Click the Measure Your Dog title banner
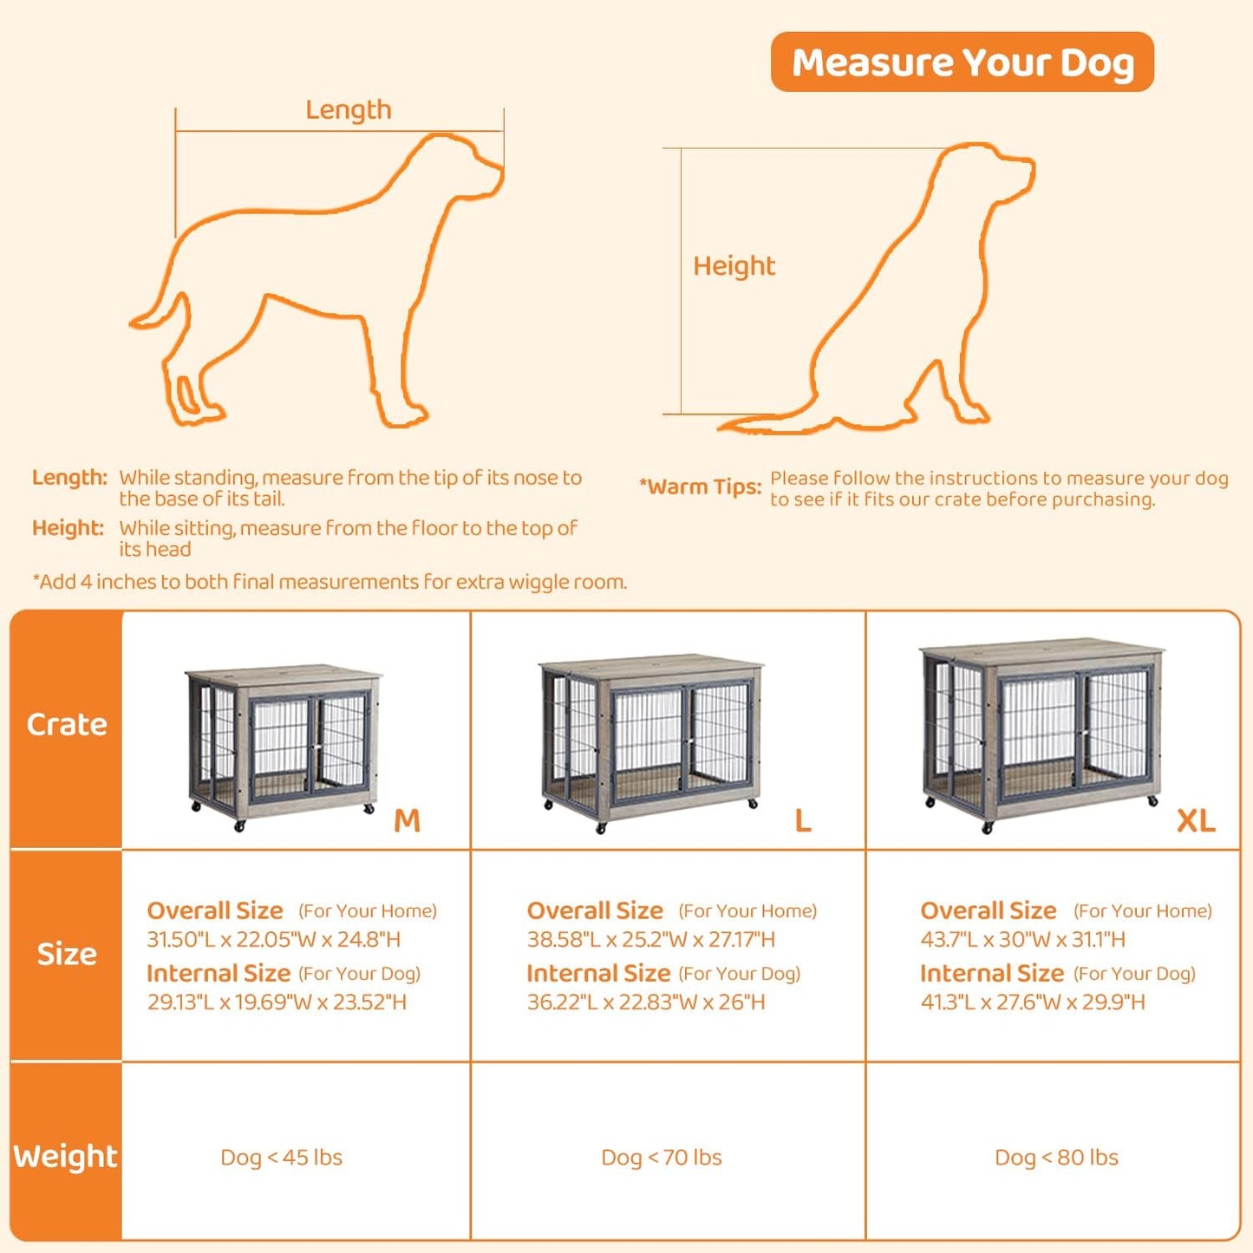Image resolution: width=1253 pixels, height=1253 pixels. pos(962,62)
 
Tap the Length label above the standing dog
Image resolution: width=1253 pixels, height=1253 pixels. pos(348,110)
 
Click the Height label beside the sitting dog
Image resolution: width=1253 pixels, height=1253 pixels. pos(734,265)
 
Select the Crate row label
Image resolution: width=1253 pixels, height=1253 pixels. pos(66,725)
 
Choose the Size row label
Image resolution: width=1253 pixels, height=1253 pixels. pos(66,954)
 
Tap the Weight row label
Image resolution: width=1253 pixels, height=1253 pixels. pos(65,1157)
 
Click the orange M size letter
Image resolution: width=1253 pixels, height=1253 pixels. pos(407,820)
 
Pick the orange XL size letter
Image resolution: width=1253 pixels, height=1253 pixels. pos(1195,820)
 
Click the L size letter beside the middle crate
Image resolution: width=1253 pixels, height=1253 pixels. pos(803,820)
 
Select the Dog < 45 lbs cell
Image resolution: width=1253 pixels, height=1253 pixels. pos(281,1158)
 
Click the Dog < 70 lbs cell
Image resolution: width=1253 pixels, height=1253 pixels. pos(661,1158)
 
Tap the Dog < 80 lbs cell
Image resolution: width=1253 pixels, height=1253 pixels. pos(1056,1158)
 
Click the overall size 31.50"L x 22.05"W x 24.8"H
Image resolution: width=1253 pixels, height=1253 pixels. pos(273,939)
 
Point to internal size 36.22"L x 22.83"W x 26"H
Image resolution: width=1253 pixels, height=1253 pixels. pos(646,1002)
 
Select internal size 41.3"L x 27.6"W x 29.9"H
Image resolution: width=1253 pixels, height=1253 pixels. pos(1032,1002)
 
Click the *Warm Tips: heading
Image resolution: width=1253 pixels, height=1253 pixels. pos(700,486)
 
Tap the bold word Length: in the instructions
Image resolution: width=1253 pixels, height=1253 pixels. pos(69,478)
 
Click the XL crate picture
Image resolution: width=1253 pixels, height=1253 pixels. pos(1041,733)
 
